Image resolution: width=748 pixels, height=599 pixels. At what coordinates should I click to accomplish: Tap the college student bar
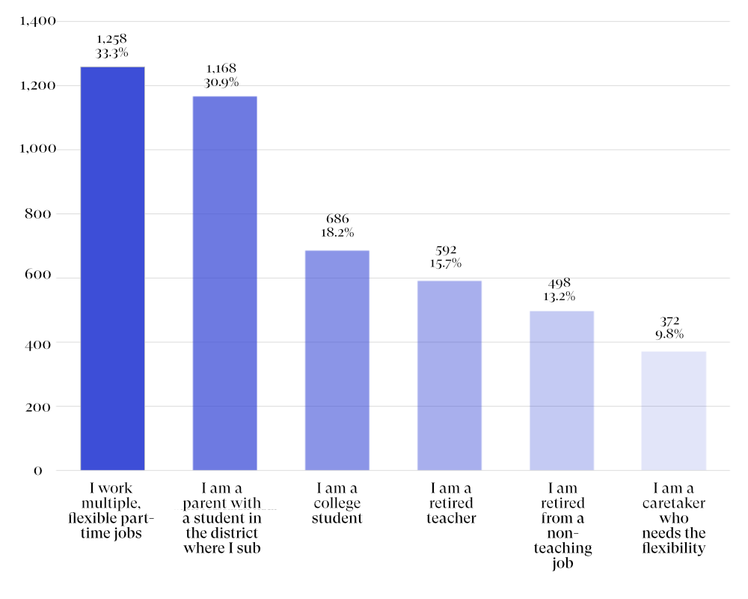pos(337,360)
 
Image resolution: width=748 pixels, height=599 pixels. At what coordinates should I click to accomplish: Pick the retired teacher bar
pos(449,375)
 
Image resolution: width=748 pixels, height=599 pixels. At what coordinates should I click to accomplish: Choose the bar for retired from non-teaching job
pos(561,390)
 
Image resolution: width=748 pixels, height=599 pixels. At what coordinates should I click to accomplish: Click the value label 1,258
pos(112,38)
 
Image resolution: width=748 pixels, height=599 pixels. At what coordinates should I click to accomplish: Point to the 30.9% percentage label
pos(224,82)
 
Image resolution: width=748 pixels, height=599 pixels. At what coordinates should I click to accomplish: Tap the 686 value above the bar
pos(337,219)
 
